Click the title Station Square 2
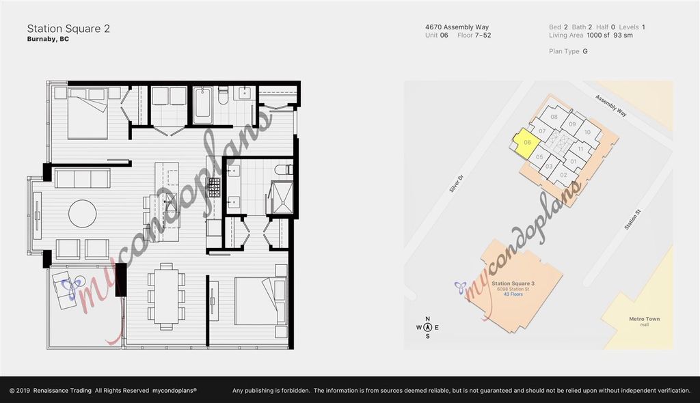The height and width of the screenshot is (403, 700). (x=68, y=29)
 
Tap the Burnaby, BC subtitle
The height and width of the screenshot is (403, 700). (x=48, y=40)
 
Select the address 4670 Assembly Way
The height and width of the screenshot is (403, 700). (x=457, y=27)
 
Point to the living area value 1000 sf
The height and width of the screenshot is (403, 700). (x=599, y=36)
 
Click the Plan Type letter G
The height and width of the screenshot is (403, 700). (x=585, y=51)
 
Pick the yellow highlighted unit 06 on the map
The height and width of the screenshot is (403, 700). (x=526, y=143)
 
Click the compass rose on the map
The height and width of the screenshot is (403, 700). (x=428, y=327)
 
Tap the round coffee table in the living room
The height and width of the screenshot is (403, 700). (x=82, y=214)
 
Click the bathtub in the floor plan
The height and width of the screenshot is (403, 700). (x=203, y=106)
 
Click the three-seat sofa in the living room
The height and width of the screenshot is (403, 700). (x=82, y=179)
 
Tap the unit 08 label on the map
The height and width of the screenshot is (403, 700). (x=554, y=117)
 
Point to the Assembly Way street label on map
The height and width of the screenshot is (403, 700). (x=610, y=107)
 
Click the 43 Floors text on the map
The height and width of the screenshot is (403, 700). (x=513, y=294)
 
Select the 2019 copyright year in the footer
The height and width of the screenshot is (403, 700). (x=25, y=390)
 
